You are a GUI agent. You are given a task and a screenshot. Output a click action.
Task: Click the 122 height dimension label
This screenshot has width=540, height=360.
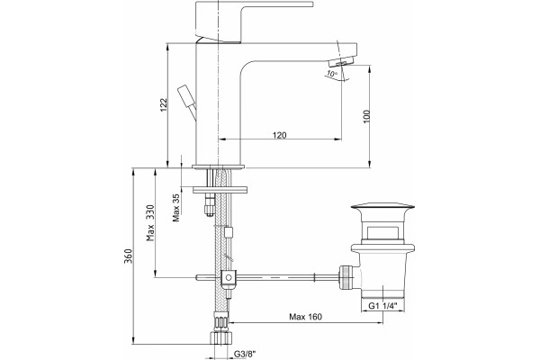tap(164, 104)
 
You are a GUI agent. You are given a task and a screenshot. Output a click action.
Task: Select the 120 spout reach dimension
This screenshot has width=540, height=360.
tap(279, 135)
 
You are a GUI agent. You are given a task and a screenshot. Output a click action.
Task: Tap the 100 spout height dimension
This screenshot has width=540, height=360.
tap(366, 116)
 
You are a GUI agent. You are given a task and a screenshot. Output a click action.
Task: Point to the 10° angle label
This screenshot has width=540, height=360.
tap(332, 74)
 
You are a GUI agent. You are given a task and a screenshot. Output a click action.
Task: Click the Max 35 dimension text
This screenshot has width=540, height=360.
tap(176, 208)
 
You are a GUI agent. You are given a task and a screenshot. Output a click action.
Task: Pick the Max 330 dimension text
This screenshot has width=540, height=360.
tap(150, 223)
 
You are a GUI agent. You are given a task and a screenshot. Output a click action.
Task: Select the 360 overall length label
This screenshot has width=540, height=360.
tap(129, 256)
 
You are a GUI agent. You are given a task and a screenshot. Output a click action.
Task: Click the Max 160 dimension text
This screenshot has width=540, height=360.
tap(305, 317)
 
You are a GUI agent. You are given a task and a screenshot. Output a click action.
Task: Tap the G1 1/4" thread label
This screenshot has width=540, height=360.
tap(383, 306)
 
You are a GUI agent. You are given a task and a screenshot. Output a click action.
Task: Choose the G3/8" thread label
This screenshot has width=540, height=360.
tap(245, 354)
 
